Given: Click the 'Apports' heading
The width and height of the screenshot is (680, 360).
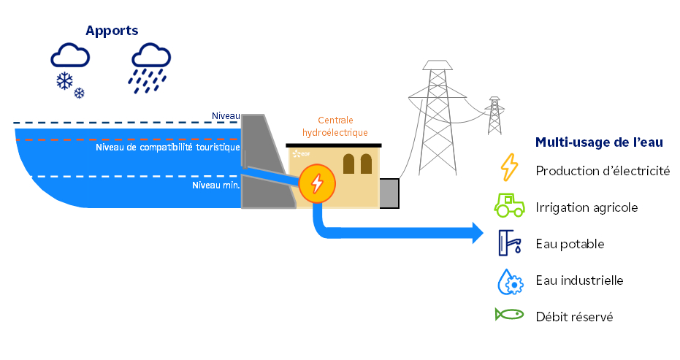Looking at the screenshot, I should (x=112, y=30).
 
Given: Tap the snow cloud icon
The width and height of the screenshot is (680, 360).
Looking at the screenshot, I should (x=70, y=69).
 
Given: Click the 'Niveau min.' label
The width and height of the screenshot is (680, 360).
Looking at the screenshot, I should (x=215, y=185).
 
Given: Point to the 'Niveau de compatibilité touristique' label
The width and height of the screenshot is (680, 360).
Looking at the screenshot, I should (x=168, y=148).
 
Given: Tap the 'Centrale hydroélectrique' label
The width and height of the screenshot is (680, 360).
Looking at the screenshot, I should (x=335, y=126).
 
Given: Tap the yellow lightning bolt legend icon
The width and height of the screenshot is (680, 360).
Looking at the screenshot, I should (x=508, y=167).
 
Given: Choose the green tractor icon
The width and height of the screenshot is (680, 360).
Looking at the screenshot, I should (x=509, y=206).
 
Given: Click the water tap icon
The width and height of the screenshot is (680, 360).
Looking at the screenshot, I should (x=508, y=243).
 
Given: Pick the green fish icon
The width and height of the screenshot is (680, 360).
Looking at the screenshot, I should (x=509, y=315).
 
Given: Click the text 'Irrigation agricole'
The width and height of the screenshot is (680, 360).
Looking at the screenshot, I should (x=587, y=207).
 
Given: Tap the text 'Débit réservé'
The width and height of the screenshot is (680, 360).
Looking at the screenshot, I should (x=573, y=317).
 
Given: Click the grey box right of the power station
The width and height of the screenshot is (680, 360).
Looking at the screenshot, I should (x=389, y=193).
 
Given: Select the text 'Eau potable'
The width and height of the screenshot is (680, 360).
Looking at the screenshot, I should (x=570, y=244).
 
